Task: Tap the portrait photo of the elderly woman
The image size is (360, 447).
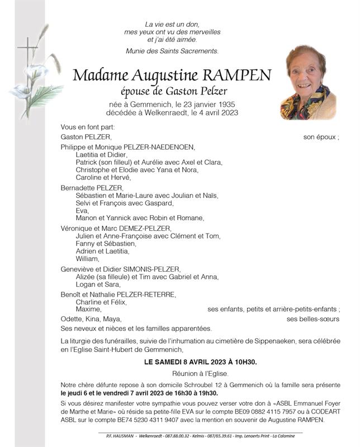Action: pos(307,82)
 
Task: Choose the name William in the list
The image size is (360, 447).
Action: pos(87,259)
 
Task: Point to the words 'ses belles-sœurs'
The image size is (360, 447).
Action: pos(312,319)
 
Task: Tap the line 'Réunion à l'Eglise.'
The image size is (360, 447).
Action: pos(200,373)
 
